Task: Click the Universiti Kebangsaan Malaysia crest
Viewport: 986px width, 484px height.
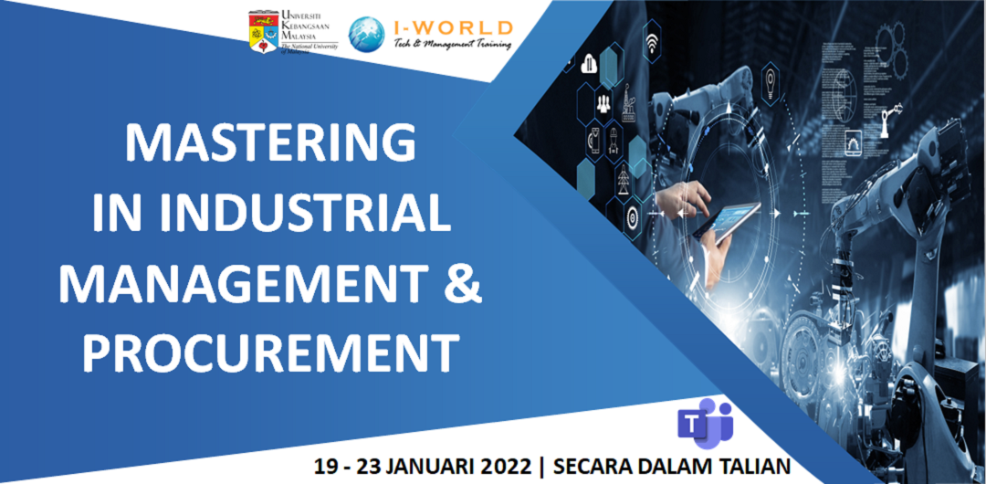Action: [x=262, y=32]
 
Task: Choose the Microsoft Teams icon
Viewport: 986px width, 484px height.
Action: [x=705, y=423]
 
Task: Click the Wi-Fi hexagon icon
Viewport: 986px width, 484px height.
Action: [x=652, y=43]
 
